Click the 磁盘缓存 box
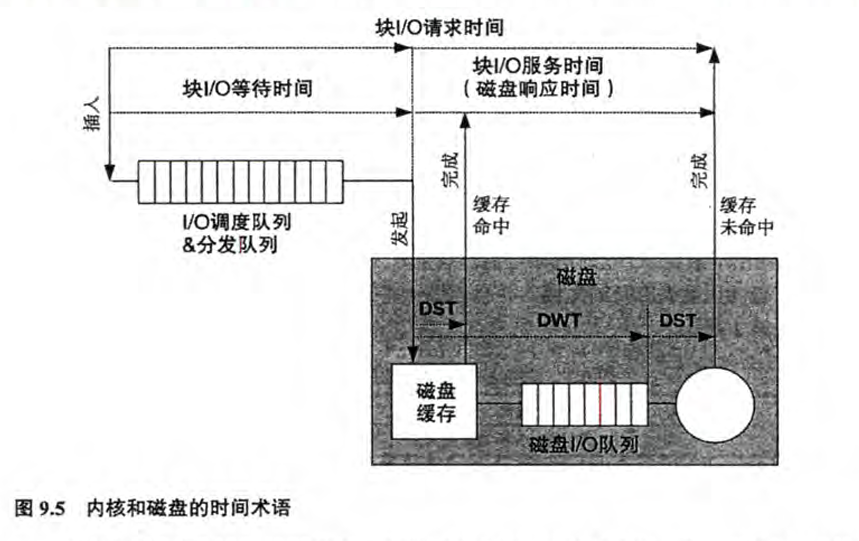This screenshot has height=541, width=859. point(434,401)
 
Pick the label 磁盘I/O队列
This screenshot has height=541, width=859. point(582,444)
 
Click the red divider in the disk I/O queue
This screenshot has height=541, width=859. point(600,404)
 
